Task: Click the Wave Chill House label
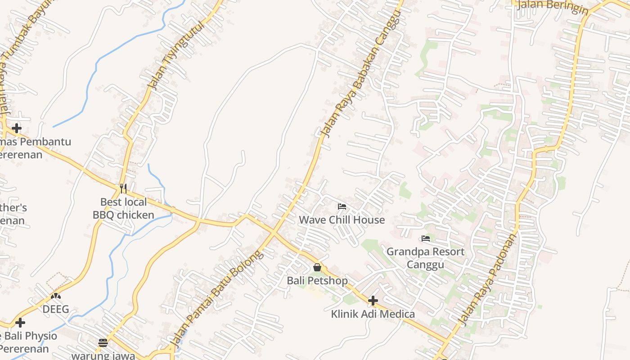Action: point(342,220)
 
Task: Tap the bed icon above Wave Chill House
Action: point(342,207)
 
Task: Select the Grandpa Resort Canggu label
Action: point(425,258)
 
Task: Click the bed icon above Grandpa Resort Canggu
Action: point(426,238)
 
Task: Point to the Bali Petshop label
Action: point(317,281)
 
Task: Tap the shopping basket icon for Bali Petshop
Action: point(317,268)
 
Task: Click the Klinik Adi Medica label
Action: point(373,314)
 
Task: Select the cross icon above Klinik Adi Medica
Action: point(373,301)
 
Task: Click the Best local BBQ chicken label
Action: point(123,208)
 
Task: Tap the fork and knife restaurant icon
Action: point(123,188)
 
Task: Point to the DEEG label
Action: point(56,309)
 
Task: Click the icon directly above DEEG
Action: point(56,296)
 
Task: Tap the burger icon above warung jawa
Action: point(103,343)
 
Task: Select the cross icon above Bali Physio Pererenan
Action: point(20,323)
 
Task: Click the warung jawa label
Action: point(103,355)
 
